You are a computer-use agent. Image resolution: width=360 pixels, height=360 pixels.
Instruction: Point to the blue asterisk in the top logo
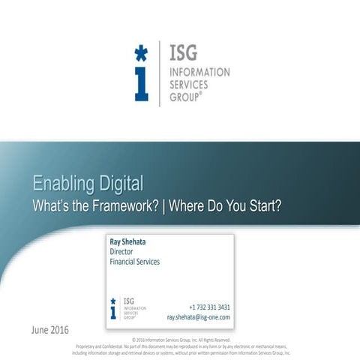140,52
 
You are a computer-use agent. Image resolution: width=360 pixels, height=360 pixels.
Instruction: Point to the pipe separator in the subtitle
165,205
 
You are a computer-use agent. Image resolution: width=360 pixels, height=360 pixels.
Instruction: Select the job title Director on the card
121,252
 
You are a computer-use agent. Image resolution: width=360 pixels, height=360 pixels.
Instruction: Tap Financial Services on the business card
134,262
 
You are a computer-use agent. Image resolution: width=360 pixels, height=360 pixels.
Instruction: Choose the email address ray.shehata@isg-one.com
198,317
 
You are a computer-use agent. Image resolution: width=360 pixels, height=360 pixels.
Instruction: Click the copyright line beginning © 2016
181,339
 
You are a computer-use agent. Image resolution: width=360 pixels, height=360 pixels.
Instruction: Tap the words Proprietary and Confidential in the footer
97,346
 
